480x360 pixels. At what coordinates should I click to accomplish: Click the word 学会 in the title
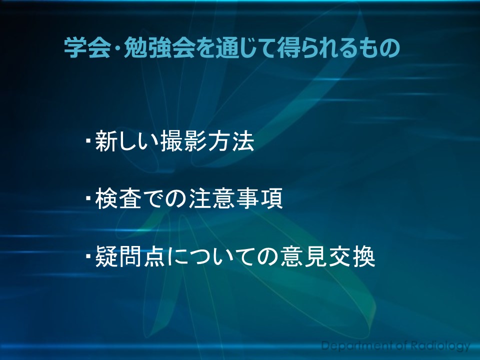(87, 48)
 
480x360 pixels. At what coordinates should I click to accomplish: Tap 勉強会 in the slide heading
(159, 48)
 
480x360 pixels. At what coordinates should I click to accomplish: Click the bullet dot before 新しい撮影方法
(88, 141)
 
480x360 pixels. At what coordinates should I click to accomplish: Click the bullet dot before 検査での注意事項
(88, 198)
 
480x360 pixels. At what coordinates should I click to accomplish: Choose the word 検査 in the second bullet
(118, 198)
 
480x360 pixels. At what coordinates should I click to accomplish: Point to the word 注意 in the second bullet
(212, 198)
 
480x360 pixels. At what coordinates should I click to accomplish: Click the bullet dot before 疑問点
(88, 256)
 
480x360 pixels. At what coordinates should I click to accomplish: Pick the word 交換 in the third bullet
(352, 256)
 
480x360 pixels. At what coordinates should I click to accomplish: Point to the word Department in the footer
(357, 346)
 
